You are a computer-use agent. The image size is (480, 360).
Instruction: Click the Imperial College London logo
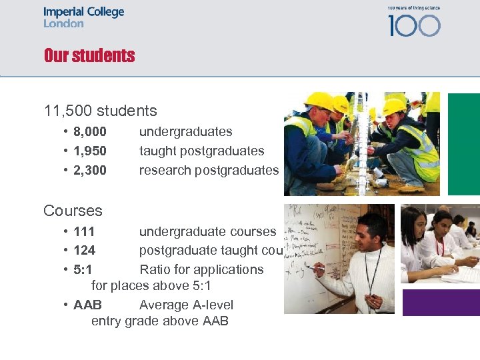83,17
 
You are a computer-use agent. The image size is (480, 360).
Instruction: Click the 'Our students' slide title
89,55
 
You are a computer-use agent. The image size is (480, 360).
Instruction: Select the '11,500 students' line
100,111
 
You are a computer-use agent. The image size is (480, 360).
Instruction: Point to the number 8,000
90,132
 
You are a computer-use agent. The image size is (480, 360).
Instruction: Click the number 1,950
90,151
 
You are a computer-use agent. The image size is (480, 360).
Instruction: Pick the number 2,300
90,171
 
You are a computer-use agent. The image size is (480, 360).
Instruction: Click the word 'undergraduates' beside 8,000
185,132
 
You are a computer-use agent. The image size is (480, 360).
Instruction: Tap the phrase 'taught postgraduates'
201,151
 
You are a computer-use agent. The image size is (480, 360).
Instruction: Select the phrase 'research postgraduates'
209,171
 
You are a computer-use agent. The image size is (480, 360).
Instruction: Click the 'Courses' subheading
73,211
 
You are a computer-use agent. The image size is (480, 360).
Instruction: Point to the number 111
84,232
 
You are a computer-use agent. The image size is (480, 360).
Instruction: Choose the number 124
84,251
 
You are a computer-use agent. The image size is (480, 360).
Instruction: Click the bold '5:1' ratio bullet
83,270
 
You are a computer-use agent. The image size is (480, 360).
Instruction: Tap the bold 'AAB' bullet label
87,305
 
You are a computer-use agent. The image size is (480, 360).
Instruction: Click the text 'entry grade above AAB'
160,321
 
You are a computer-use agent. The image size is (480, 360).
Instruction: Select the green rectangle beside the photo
463,144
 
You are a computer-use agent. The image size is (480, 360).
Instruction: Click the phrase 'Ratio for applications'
201,270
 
